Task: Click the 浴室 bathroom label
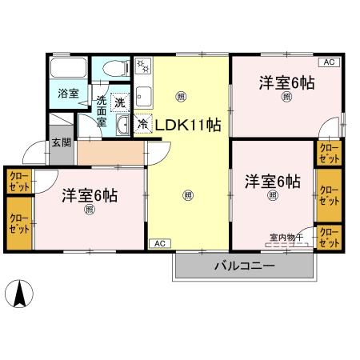pyautogui.click(x=67, y=94)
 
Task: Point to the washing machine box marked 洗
pyautogui.click(x=119, y=102)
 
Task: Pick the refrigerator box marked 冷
pyautogui.click(x=142, y=125)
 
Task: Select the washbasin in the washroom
pyautogui.click(x=123, y=126)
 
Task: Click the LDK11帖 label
pyautogui.click(x=188, y=125)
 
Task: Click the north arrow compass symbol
pyautogui.click(x=22, y=294)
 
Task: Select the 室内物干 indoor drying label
pyautogui.click(x=286, y=237)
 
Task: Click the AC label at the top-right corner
pyautogui.click(x=329, y=62)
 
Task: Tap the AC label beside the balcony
pyautogui.click(x=158, y=242)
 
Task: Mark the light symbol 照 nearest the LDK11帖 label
pyautogui.click(x=180, y=96)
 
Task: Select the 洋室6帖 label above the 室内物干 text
pyautogui.click(x=273, y=180)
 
